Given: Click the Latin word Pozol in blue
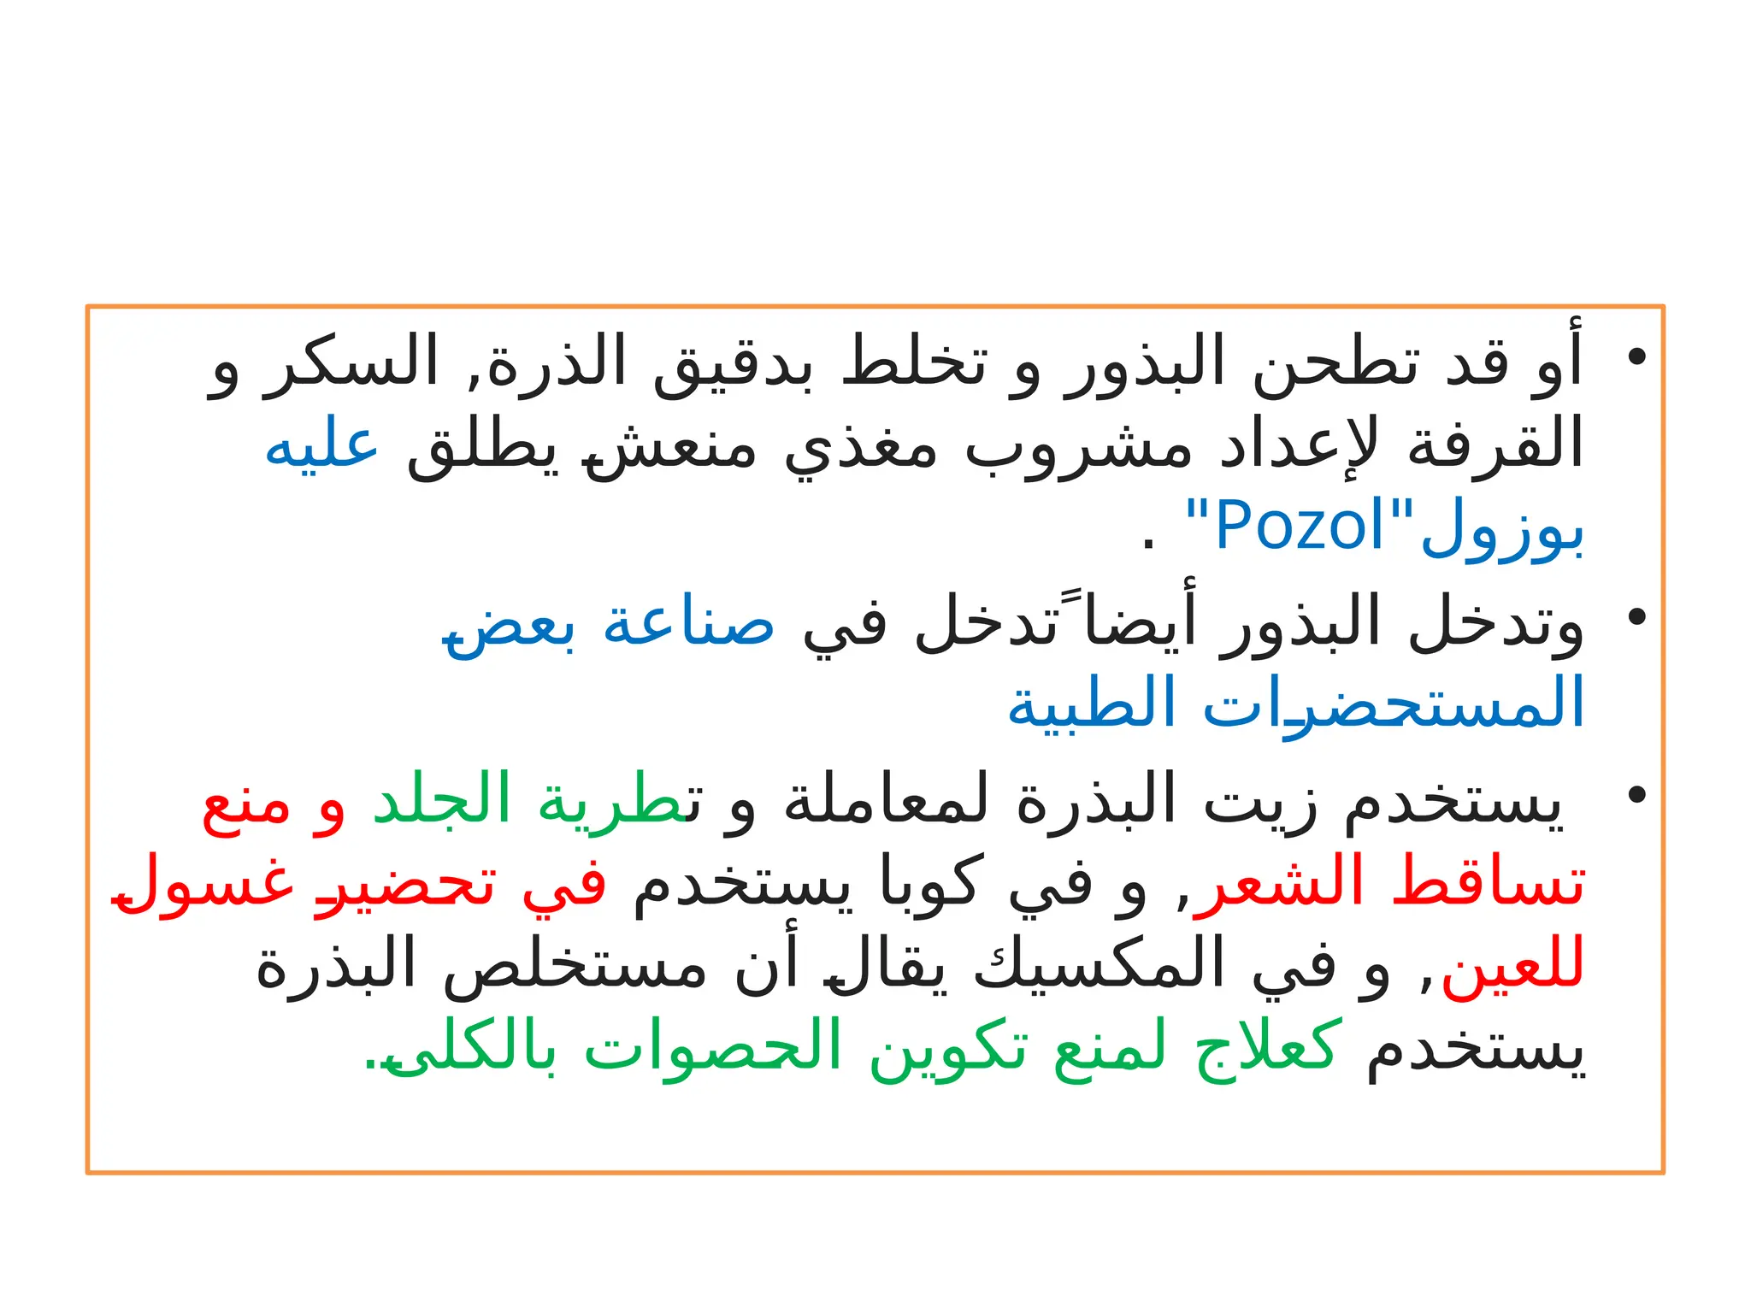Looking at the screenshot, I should click(1299, 526).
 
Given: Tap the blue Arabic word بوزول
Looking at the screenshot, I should click(1502, 530).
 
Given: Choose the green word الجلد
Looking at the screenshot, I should click(441, 800).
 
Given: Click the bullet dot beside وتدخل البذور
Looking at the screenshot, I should click(1636, 617).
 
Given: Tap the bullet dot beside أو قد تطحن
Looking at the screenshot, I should click(1636, 357).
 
